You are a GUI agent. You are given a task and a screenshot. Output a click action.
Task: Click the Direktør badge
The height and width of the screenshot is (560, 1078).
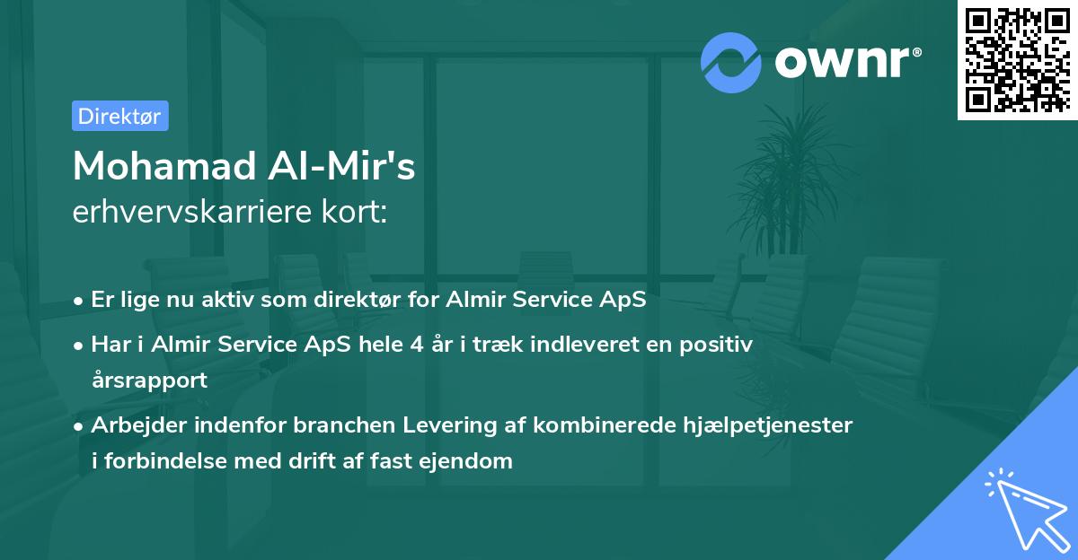pos(119,116)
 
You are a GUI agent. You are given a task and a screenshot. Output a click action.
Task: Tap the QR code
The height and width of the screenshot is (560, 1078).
pos(1015,59)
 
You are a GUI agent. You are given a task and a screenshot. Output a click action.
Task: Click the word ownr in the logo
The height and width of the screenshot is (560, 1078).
pos(845,60)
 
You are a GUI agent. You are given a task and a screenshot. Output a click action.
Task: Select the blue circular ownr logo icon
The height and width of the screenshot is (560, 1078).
pos(732,62)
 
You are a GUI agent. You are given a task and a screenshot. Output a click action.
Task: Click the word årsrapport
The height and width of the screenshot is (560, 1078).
pos(149,380)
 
